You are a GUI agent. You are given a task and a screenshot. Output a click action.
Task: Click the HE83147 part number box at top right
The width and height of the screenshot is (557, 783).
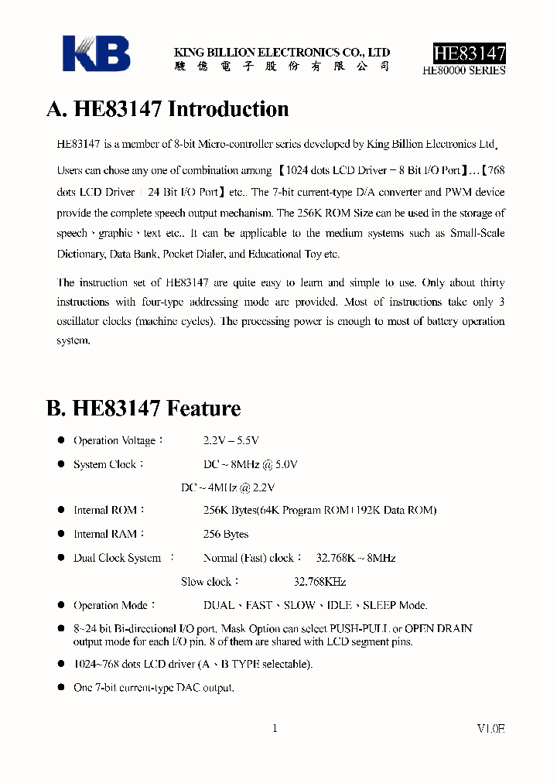tap(469, 53)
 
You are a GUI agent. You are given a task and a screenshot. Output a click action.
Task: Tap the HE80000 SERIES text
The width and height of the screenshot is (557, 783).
tap(464, 70)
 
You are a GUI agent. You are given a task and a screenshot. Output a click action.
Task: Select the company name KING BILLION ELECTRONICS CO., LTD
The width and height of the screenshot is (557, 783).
tap(282, 53)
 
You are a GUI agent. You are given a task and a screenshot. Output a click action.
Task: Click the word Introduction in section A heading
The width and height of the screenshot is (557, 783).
tap(228, 109)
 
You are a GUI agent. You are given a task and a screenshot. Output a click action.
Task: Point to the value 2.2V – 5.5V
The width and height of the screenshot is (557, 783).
tap(231, 440)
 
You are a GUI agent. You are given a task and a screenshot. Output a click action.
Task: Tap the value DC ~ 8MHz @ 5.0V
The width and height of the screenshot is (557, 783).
tap(250, 464)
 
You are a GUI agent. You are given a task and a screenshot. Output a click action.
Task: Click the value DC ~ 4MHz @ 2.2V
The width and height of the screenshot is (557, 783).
tap(228, 487)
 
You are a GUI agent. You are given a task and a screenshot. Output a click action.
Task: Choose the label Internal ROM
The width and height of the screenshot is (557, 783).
tap(105, 511)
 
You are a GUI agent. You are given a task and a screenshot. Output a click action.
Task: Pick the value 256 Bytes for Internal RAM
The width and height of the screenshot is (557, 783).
tap(226, 534)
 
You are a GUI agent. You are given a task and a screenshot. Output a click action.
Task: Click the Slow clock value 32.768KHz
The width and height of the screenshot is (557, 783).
tap(320, 582)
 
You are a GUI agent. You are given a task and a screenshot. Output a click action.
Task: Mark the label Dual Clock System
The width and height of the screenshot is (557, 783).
tap(117, 558)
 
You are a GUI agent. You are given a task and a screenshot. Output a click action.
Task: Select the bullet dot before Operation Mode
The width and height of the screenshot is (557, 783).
tap(62, 605)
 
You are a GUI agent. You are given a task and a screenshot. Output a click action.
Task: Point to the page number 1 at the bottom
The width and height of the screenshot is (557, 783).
tap(275, 728)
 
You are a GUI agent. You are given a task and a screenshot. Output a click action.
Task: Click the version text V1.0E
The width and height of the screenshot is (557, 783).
tap(490, 728)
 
